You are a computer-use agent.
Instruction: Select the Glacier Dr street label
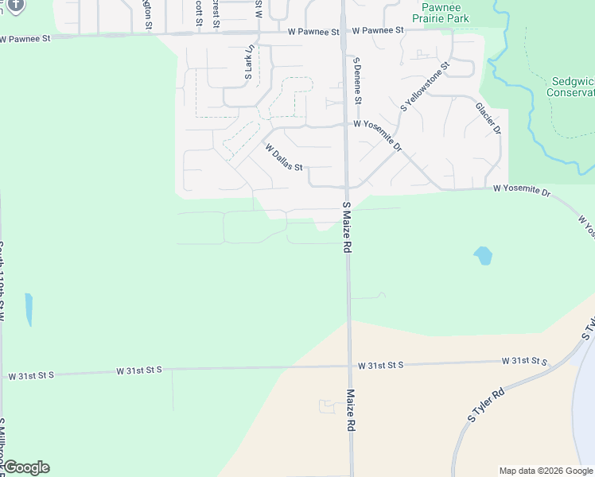pyautogui.click(x=488, y=118)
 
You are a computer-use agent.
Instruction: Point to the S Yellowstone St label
pyautogui.click(x=426, y=85)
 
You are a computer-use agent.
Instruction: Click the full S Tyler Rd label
pyautogui.click(x=486, y=405)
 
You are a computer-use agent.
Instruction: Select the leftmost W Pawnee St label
pyautogui.click(x=25, y=37)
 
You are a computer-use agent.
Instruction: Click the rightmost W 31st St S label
pyautogui.click(x=526, y=362)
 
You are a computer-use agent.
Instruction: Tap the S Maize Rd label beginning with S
pyautogui.click(x=347, y=227)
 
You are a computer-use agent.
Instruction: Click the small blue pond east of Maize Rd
pyautogui.click(x=483, y=255)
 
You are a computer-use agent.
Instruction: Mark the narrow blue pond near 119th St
pyautogui.click(x=29, y=309)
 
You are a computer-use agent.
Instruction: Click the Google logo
pyautogui.click(x=26, y=467)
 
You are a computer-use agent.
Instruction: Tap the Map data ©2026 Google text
pyautogui.click(x=546, y=471)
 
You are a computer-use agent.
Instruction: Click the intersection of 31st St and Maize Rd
pyautogui.click(x=349, y=366)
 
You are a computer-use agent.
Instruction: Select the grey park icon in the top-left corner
pyautogui.click(x=14, y=5)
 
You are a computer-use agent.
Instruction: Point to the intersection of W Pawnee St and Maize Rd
pyautogui.click(x=343, y=33)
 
